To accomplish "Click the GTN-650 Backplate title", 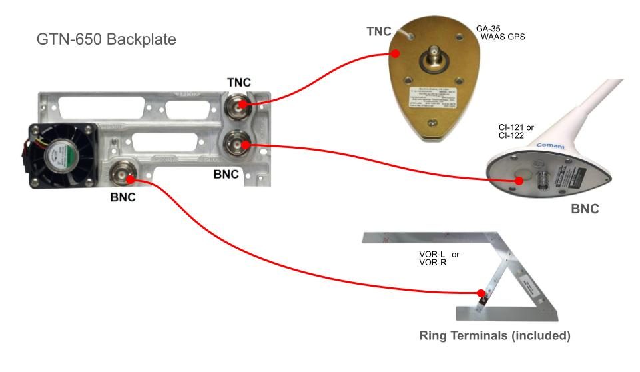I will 106,39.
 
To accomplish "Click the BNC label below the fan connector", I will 123,198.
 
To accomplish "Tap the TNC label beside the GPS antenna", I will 380,31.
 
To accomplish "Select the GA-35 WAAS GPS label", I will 499,33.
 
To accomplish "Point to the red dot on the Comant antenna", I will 492,179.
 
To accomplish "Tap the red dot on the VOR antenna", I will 481,293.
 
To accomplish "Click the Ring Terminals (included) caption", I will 494,336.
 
